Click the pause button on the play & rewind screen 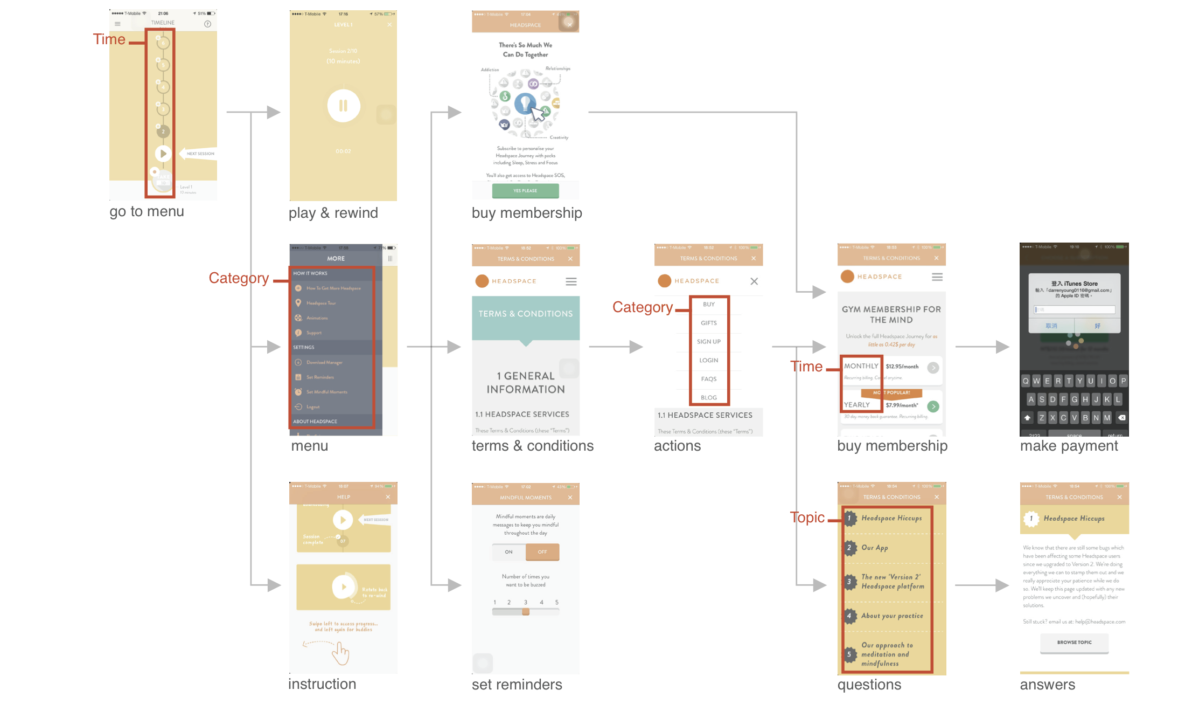click(x=343, y=106)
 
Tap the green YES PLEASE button click(x=525, y=191)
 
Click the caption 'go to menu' click(x=147, y=211)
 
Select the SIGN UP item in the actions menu click(x=708, y=342)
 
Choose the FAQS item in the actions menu click(x=708, y=379)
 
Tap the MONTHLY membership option click(x=861, y=366)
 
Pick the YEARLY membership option click(x=857, y=405)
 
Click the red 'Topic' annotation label click(x=807, y=517)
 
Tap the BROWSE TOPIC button click(x=1074, y=643)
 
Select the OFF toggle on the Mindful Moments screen click(x=542, y=552)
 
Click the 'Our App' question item click(x=875, y=548)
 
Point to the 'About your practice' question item click(x=892, y=616)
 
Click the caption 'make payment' click(x=1069, y=446)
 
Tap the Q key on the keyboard click(x=1026, y=381)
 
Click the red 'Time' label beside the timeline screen click(x=109, y=39)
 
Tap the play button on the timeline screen click(x=163, y=154)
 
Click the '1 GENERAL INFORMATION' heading click(x=526, y=383)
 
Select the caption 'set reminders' click(x=517, y=685)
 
